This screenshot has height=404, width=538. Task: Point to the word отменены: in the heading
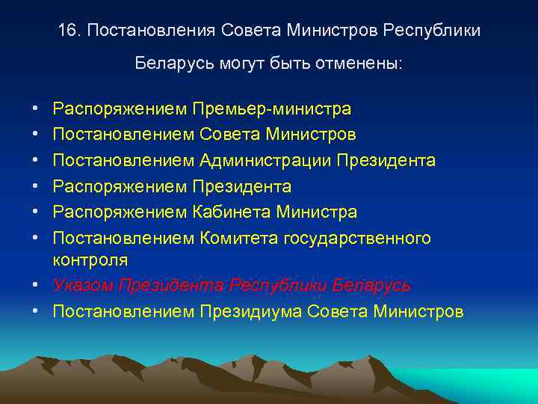click(362, 64)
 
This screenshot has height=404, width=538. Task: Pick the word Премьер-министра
click(271, 109)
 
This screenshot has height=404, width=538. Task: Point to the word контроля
click(90, 260)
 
